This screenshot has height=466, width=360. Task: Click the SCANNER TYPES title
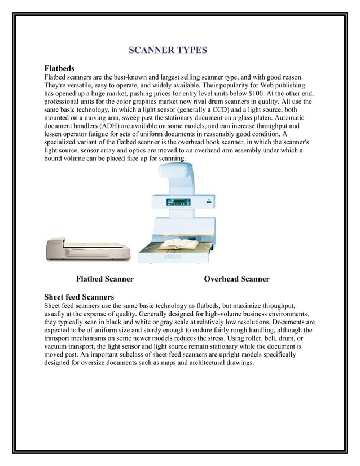[168, 50]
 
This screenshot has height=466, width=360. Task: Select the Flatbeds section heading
[59, 68]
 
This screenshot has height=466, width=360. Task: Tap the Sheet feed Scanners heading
[79, 297]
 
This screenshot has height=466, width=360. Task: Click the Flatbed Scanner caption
[104, 279]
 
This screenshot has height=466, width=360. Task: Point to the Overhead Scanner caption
[236, 279]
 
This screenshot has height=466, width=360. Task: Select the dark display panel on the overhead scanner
[176, 202]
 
